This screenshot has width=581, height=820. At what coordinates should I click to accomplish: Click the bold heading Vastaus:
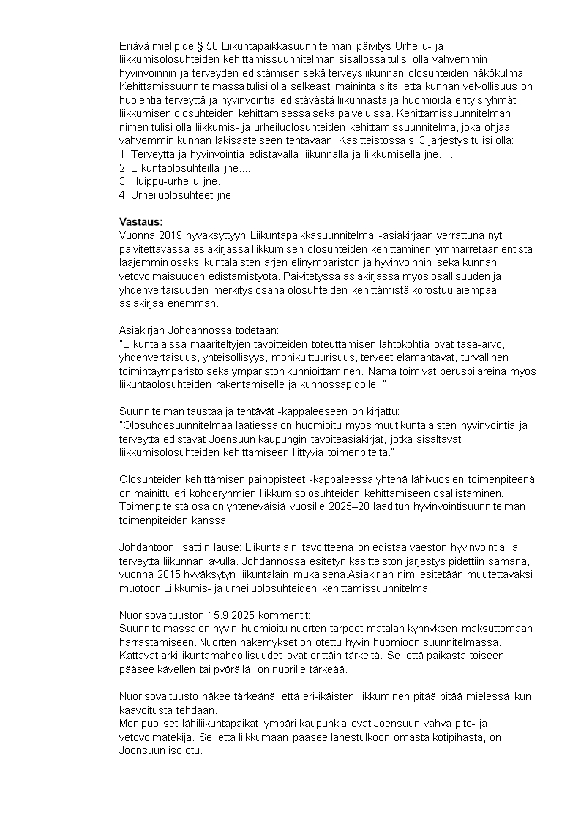pos(140,222)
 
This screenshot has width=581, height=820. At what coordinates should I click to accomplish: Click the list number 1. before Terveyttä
pos(123,154)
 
